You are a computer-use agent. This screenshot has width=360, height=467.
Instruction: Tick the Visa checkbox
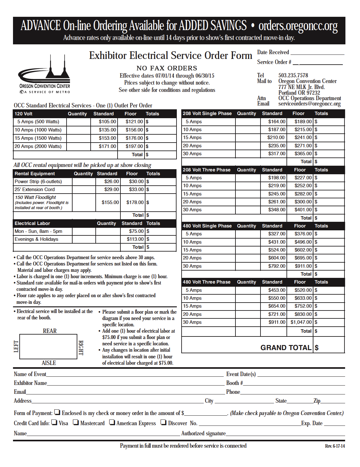54,422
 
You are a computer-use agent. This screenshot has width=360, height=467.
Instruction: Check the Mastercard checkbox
76,422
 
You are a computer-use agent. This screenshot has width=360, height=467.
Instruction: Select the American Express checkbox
112,422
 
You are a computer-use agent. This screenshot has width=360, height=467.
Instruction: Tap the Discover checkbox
163,422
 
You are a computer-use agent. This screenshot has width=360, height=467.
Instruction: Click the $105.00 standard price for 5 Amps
107,122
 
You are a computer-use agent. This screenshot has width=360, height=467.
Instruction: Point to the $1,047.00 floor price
301,322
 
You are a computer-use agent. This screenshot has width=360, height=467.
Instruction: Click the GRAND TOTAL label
286,348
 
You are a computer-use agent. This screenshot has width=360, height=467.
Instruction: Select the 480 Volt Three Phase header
207,282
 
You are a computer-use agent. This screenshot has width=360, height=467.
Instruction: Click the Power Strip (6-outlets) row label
38,182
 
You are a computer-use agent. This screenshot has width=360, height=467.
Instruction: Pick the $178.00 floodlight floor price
135,202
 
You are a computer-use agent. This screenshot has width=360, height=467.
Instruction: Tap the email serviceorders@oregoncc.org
309,104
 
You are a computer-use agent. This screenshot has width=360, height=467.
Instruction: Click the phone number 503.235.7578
293,75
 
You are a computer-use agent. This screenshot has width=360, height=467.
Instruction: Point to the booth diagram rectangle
48,347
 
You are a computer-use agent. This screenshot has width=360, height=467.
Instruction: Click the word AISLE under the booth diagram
49,363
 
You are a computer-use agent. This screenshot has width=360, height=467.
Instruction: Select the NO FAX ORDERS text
167,68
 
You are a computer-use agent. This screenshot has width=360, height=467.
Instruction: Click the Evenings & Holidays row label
36,239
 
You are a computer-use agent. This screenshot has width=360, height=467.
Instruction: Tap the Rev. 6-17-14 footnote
335,446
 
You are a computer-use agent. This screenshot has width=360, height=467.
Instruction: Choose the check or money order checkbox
57,412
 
